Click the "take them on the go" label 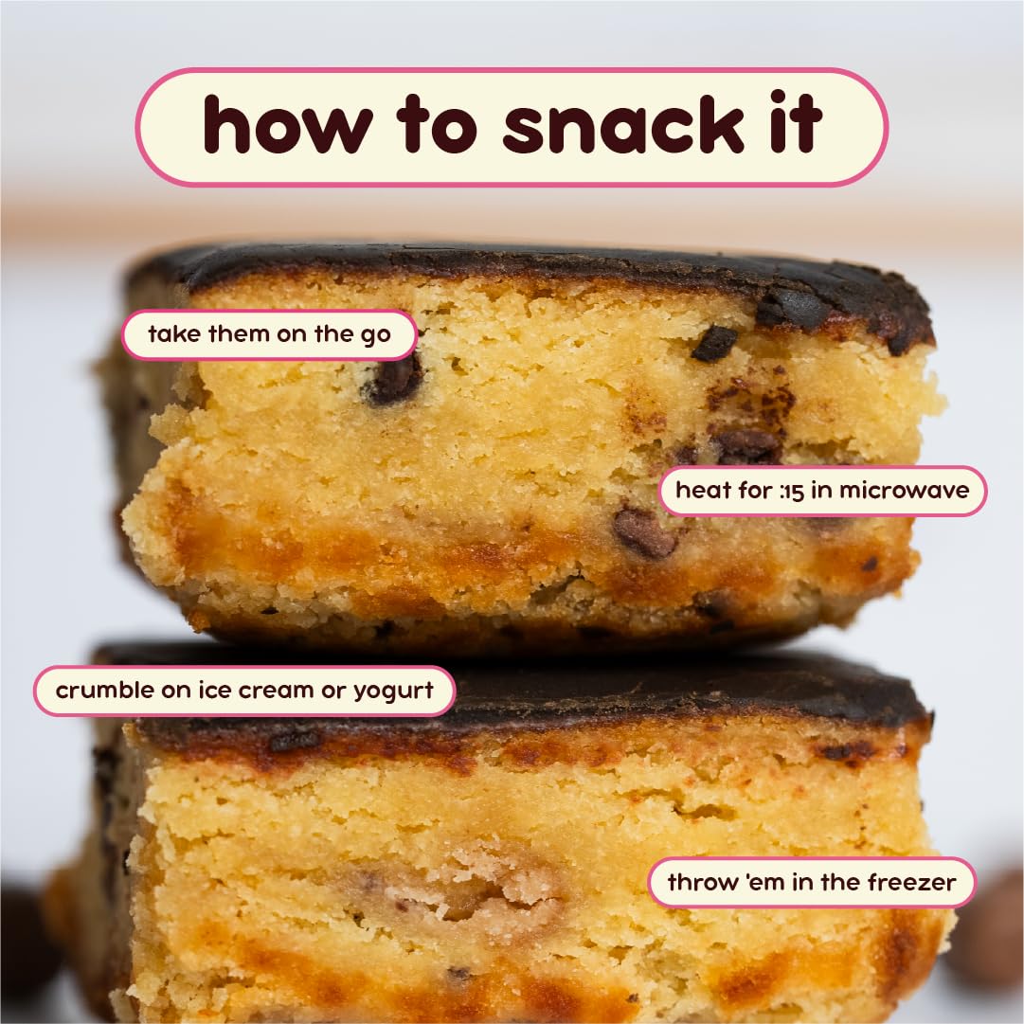[x=269, y=334]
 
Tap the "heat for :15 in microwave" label [x=821, y=491]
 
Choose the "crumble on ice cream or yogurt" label [x=243, y=691]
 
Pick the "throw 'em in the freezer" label [x=811, y=883]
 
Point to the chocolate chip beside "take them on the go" [x=394, y=379]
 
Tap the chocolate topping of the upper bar [x=530, y=265]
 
